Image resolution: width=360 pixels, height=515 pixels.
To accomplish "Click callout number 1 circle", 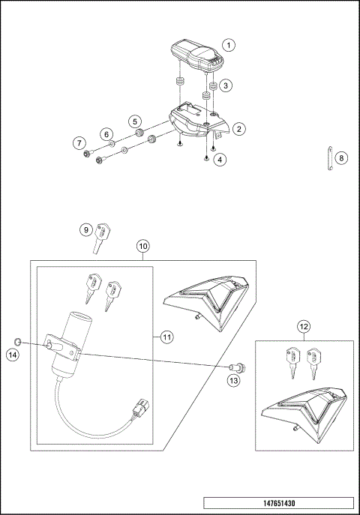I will (x=229, y=44).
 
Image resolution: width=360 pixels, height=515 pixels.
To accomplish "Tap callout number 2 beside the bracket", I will (x=238, y=129).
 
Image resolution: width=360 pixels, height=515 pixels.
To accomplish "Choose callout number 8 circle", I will (x=341, y=158).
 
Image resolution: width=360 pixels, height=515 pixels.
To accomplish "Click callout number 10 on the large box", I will (x=143, y=245).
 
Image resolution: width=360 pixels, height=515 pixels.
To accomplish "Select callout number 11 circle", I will (x=166, y=337).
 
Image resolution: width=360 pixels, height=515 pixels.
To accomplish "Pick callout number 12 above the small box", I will (x=303, y=326).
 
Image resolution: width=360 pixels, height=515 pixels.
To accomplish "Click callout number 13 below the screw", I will (x=233, y=381).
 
